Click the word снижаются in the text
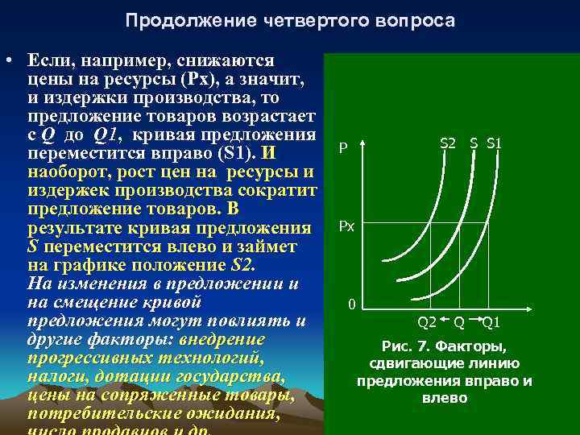click(x=235, y=61)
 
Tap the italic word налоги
click(x=55, y=378)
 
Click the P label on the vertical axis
click(x=343, y=149)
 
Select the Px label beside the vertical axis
click(x=346, y=228)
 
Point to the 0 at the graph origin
click(x=351, y=305)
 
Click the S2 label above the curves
click(x=447, y=143)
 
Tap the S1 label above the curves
click(x=495, y=143)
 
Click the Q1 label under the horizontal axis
click(x=491, y=322)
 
